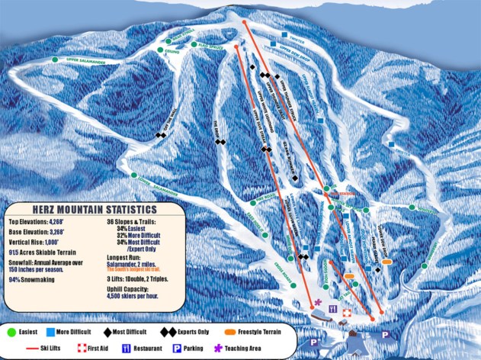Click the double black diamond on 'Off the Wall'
161,136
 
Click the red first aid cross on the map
347,313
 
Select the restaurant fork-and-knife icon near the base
332,309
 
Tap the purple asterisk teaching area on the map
318,304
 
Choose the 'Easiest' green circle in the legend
12,333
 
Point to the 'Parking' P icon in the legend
175,347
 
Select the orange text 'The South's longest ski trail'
149,269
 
